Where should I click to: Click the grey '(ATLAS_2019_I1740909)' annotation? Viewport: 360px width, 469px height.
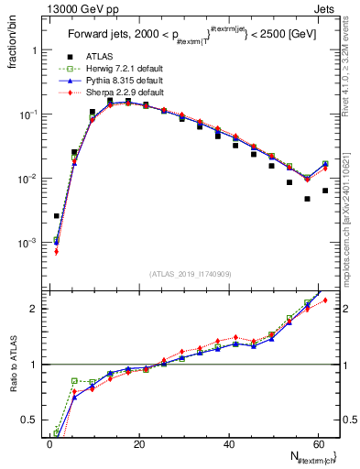point(190,274)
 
